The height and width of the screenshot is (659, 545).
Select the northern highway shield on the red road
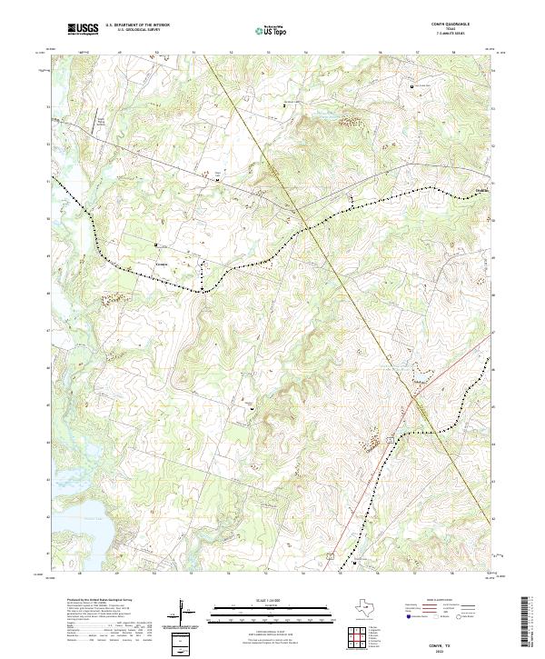[391, 440]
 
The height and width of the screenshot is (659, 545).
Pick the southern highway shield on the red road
[332, 554]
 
